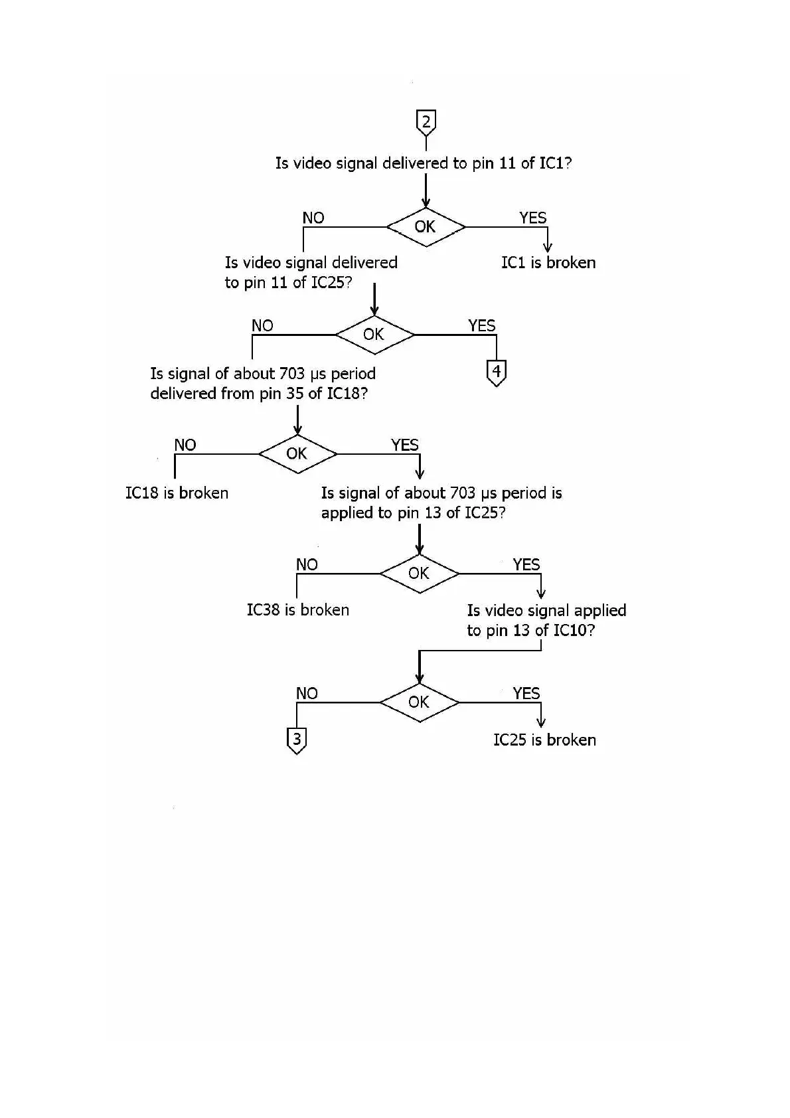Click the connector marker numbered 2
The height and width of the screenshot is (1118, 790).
426,122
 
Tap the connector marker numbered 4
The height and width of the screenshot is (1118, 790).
497,372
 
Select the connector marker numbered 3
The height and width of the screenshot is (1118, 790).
297,740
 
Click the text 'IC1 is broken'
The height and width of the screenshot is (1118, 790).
548,263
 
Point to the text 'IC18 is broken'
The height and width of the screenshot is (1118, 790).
177,493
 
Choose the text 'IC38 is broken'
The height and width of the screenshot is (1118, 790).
298,610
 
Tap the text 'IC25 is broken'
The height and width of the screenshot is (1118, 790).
544,740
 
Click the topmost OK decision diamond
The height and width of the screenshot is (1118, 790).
426,227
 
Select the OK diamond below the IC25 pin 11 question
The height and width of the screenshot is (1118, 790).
374,335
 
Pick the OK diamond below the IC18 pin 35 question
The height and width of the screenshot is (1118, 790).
297,454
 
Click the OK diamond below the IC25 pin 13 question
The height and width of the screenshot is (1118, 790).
419,574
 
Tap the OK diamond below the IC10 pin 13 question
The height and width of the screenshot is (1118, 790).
419,702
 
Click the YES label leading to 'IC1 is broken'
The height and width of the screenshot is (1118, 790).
532,218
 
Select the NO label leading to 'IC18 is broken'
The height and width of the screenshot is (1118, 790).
185,445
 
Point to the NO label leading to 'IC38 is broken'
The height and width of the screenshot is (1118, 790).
307,564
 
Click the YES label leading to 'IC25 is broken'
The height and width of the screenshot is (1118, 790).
526,693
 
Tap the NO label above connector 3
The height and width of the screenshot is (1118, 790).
307,693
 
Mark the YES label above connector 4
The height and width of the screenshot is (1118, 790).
481,325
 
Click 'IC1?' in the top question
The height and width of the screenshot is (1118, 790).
556,163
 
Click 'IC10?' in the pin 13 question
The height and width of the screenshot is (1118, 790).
574,630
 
